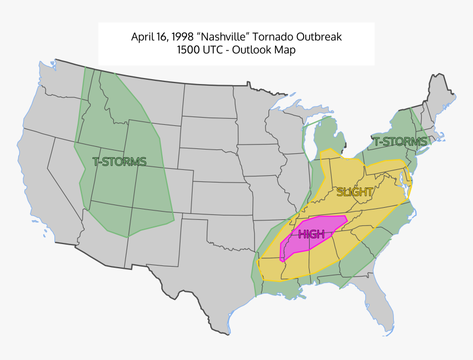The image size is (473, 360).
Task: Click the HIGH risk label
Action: tap(311, 234)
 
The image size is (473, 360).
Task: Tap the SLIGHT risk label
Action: tap(355, 192)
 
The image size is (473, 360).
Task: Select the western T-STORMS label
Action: tap(119, 162)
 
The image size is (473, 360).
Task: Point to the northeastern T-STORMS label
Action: tap(400, 142)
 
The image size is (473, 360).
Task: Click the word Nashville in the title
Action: tap(224, 37)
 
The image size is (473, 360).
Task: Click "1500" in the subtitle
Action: tap(189, 50)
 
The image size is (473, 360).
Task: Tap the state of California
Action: tap(41, 181)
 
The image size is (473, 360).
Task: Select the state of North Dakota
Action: tap(209, 102)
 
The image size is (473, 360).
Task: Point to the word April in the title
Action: tap(141, 37)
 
